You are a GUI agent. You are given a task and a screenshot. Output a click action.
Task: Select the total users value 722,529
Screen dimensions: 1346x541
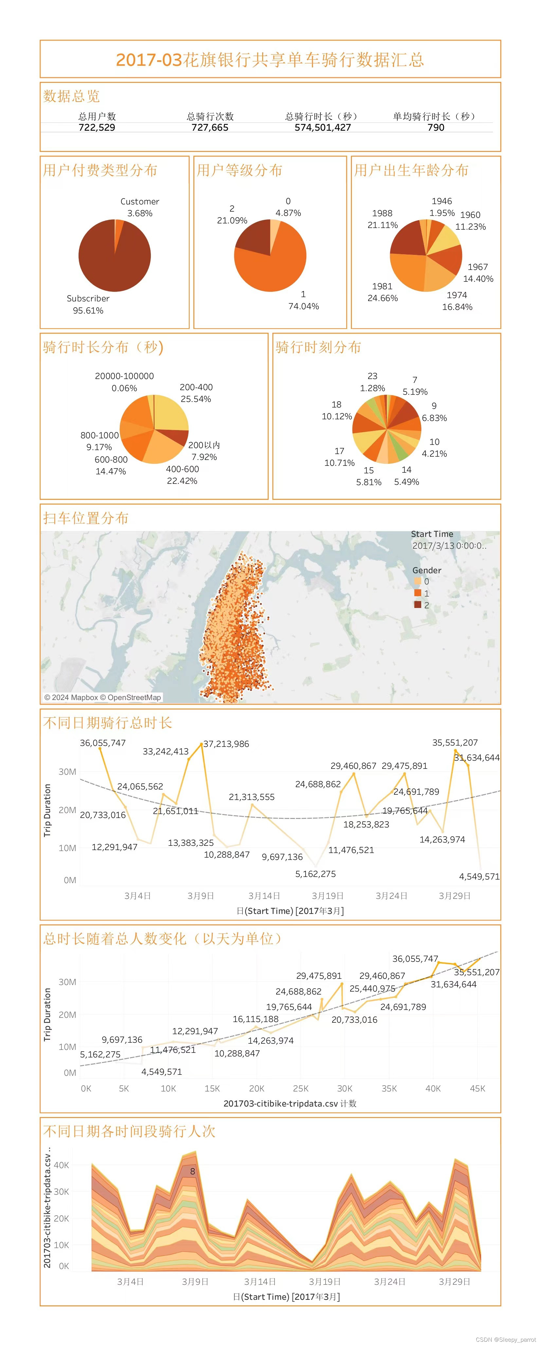click(97, 127)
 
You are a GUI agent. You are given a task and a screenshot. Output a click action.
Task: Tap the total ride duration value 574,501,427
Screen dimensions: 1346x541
click(323, 127)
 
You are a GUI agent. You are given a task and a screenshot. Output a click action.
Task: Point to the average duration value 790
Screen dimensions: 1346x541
click(436, 127)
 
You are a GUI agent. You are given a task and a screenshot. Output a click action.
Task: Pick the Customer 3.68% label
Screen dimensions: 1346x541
click(139, 207)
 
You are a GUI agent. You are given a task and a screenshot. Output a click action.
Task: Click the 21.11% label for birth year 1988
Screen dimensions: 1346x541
click(382, 225)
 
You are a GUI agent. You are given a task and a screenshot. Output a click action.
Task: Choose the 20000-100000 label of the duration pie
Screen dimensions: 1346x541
click(124, 376)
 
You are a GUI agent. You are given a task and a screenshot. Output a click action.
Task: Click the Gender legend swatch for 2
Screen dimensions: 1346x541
click(418, 605)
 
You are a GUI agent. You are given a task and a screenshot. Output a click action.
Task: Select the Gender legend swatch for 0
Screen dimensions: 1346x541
click(418, 581)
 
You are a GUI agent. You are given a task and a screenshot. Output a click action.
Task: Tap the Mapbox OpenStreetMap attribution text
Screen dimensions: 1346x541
click(102, 697)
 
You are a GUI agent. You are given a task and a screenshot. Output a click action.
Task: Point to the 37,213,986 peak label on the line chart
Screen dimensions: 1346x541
click(226, 744)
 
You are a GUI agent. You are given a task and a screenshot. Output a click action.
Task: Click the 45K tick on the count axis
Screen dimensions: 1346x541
click(477, 1089)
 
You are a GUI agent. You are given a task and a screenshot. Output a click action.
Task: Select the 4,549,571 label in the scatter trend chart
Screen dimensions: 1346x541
click(161, 1072)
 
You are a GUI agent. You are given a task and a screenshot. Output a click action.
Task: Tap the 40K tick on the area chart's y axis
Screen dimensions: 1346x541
click(61, 1165)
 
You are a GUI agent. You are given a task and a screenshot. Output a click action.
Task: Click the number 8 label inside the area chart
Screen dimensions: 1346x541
click(192, 1171)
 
